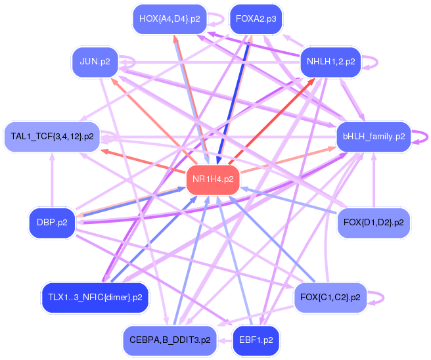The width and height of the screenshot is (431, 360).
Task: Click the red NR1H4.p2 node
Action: click(213, 179)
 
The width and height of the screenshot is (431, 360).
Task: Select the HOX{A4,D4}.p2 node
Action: click(170, 19)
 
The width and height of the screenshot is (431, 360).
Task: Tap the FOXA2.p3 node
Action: click(256, 19)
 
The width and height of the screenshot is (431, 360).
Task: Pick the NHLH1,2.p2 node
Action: click(330, 62)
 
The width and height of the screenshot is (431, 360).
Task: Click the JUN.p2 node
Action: click(95, 62)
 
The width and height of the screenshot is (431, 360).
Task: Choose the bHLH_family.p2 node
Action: click(373, 137)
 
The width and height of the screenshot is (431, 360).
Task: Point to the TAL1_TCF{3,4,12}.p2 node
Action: click(52, 137)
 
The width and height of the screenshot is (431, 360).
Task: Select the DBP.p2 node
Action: click(52, 222)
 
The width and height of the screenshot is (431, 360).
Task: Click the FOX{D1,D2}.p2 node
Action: click(373, 222)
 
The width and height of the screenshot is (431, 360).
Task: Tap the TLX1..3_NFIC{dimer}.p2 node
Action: click(95, 298)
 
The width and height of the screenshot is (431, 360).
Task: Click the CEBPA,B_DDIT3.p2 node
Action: click(170, 340)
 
